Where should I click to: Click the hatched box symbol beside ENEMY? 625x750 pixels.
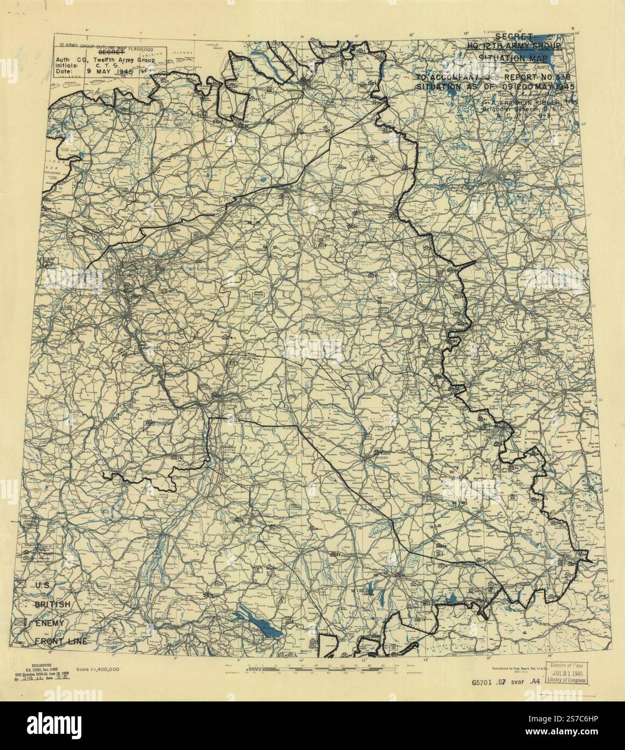(x=22, y=623)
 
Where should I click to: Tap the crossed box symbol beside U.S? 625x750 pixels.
(x=22, y=584)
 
